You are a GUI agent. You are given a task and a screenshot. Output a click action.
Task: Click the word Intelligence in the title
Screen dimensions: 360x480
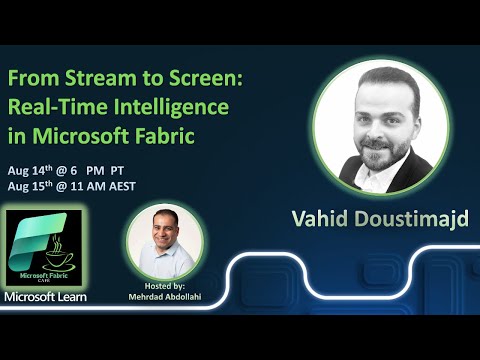(170, 106)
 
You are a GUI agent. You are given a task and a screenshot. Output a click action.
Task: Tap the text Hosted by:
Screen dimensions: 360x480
(165, 285)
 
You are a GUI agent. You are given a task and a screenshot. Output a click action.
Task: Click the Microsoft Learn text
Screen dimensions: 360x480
(45, 296)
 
